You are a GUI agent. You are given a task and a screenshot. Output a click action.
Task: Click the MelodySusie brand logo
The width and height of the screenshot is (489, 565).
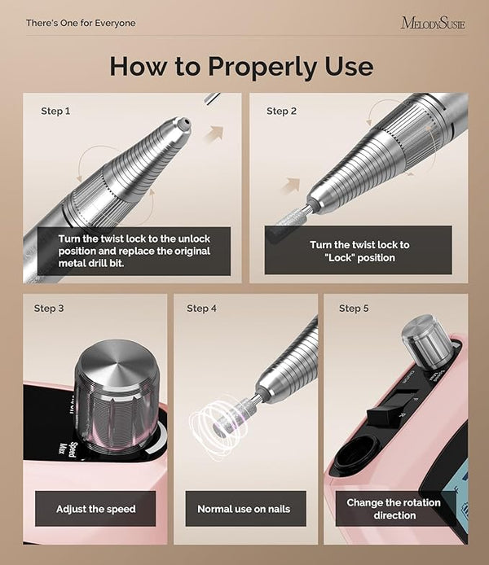(x=433, y=23)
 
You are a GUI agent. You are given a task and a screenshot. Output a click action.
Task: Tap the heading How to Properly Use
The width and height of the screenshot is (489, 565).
(x=241, y=66)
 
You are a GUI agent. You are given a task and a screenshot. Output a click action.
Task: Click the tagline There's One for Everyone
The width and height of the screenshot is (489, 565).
(x=81, y=23)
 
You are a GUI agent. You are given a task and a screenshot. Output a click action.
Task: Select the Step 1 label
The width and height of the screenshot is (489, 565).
(x=55, y=111)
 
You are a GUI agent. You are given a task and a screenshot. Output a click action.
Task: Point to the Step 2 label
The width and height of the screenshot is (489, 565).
(x=281, y=111)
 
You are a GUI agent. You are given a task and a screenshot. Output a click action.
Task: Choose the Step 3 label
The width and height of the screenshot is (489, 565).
(x=49, y=309)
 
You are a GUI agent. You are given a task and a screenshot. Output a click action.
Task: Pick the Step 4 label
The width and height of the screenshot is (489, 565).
(x=201, y=309)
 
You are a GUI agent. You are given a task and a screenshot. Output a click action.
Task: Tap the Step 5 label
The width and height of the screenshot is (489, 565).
(x=354, y=309)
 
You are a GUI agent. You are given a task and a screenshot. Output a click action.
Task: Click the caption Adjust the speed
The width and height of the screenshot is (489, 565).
(x=96, y=509)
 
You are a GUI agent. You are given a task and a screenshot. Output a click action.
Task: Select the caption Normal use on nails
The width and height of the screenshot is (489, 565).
(x=244, y=509)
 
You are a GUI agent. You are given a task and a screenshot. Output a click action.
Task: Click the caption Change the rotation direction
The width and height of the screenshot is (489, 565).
(x=394, y=509)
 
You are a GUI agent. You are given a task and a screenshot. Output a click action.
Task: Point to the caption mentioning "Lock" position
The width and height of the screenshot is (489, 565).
(x=359, y=251)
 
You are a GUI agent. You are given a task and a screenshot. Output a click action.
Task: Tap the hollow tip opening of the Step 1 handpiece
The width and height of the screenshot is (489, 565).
(x=185, y=123)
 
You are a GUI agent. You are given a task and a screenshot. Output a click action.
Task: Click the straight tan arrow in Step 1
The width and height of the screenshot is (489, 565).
(x=214, y=134)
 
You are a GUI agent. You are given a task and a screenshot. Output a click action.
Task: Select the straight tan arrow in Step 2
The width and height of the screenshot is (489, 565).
(x=291, y=186)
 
